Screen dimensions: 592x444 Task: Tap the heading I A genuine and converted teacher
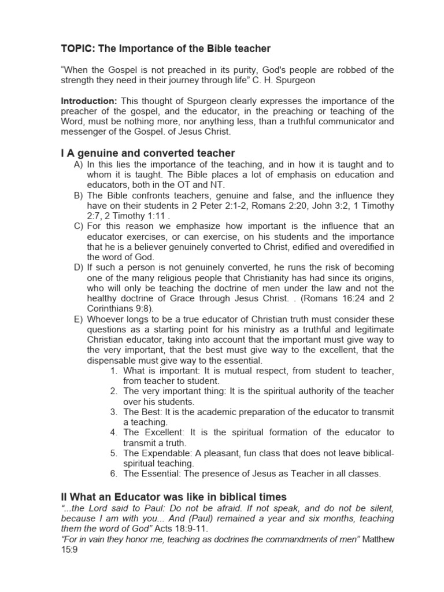[x=148, y=153]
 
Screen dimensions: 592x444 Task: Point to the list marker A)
[x=79, y=165]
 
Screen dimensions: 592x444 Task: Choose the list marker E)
[x=79, y=320]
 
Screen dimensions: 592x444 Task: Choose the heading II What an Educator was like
[x=173, y=497]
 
